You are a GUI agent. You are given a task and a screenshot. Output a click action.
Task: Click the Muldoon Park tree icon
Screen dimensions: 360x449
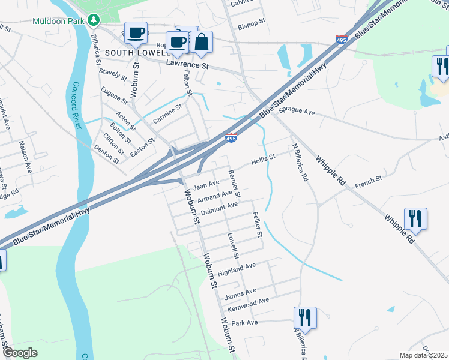point(93,20)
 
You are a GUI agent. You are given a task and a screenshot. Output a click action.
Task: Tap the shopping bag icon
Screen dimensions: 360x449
point(202,41)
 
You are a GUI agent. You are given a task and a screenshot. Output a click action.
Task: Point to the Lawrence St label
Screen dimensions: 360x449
point(187,62)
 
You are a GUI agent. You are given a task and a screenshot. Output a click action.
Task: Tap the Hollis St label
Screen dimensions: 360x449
point(263,160)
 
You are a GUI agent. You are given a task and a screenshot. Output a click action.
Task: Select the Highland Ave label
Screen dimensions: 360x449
point(237,268)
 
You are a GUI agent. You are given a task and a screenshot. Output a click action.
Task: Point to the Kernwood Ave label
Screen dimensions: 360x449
point(248,304)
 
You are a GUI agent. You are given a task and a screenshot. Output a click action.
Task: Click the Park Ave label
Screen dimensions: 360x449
point(244,323)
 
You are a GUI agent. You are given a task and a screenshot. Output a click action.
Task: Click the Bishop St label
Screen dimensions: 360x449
point(252,24)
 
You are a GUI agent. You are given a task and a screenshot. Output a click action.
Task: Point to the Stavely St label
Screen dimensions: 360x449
point(112,74)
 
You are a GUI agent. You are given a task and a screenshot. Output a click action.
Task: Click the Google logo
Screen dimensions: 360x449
point(20,353)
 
